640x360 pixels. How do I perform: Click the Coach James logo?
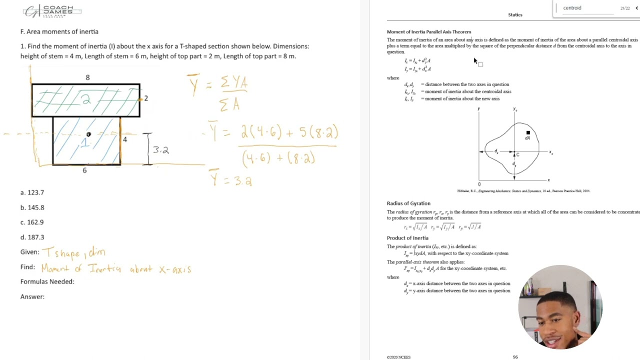tap(52, 11)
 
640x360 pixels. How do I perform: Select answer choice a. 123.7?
tap(32, 192)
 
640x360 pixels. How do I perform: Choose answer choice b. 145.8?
tap(32, 207)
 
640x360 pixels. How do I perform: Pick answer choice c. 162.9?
tap(32, 222)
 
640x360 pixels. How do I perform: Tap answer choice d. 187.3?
tap(32, 237)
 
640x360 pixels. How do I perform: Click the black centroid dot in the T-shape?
tap(88, 134)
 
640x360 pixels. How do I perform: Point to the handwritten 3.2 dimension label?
tap(160, 150)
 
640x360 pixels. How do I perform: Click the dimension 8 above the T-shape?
tap(87, 77)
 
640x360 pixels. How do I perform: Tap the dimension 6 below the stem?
tap(84, 170)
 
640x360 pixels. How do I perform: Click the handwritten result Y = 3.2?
tap(231, 179)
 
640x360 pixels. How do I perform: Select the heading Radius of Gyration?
tap(408, 203)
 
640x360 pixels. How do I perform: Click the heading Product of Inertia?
tap(407, 238)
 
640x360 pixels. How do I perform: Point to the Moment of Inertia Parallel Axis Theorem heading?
tap(428, 32)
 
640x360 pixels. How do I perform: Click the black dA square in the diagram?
tap(528, 133)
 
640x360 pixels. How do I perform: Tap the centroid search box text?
tap(572, 8)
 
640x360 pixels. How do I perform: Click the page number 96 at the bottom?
tap(515, 357)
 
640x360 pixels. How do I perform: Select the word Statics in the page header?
tap(515, 15)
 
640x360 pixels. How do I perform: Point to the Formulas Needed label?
tap(47, 282)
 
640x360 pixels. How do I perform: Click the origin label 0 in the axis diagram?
tap(478, 184)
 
